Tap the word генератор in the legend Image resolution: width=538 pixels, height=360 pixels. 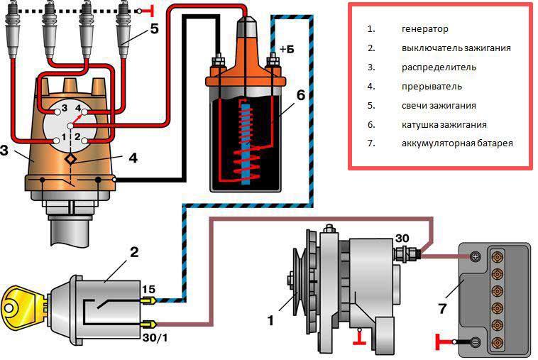click(x=424, y=29)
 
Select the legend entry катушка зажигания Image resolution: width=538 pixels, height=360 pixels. click(x=444, y=124)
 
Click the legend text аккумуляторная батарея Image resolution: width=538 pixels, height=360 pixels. click(x=457, y=143)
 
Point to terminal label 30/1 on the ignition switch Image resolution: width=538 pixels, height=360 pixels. click(x=155, y=338)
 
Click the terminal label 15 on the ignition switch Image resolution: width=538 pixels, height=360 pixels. click(x=148, y=289)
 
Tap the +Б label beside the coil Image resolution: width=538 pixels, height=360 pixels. click(x=287, y=50)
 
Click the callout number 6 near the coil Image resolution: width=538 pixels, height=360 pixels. click(x=300, y=95)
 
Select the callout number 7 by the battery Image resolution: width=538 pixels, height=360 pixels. click(x=443, y=309)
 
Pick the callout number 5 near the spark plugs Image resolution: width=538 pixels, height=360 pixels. click(x=155, y=29)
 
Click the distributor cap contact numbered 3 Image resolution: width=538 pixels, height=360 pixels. click(x=57, y=112)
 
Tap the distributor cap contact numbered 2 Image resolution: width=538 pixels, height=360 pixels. click(x=84, y=141)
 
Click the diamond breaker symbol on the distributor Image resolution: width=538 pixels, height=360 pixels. click(x=71, y=159)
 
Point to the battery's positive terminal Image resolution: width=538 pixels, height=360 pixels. click(x=476, y=256)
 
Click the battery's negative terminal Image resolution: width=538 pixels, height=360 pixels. click(x=476, y=342)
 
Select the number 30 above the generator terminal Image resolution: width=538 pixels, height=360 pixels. click(x=402, y=238)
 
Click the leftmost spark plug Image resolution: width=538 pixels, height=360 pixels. click(x=12, y=30)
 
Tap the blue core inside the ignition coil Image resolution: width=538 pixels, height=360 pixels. click(x=246, y=144)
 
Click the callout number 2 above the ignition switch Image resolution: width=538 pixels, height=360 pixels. click(x=134, y=253)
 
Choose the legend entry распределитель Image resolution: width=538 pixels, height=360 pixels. click(x=439, y=67)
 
